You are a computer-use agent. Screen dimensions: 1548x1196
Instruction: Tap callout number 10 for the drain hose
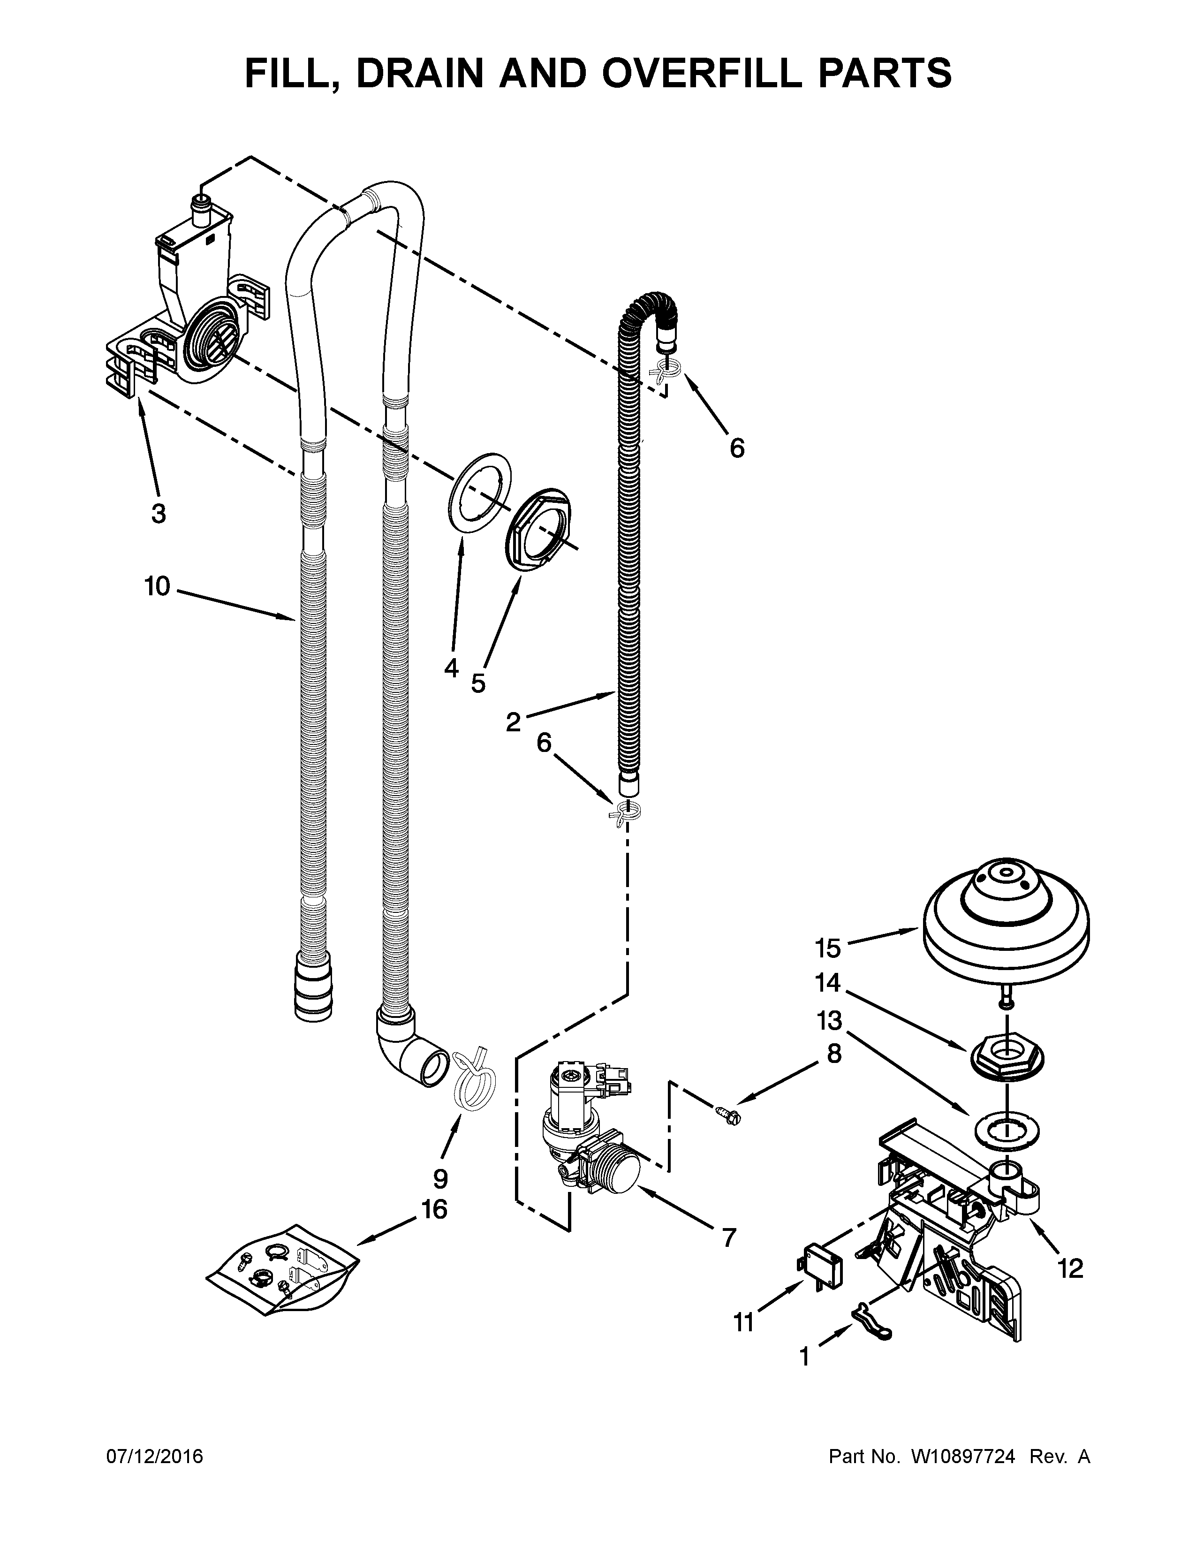coord(157,586)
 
